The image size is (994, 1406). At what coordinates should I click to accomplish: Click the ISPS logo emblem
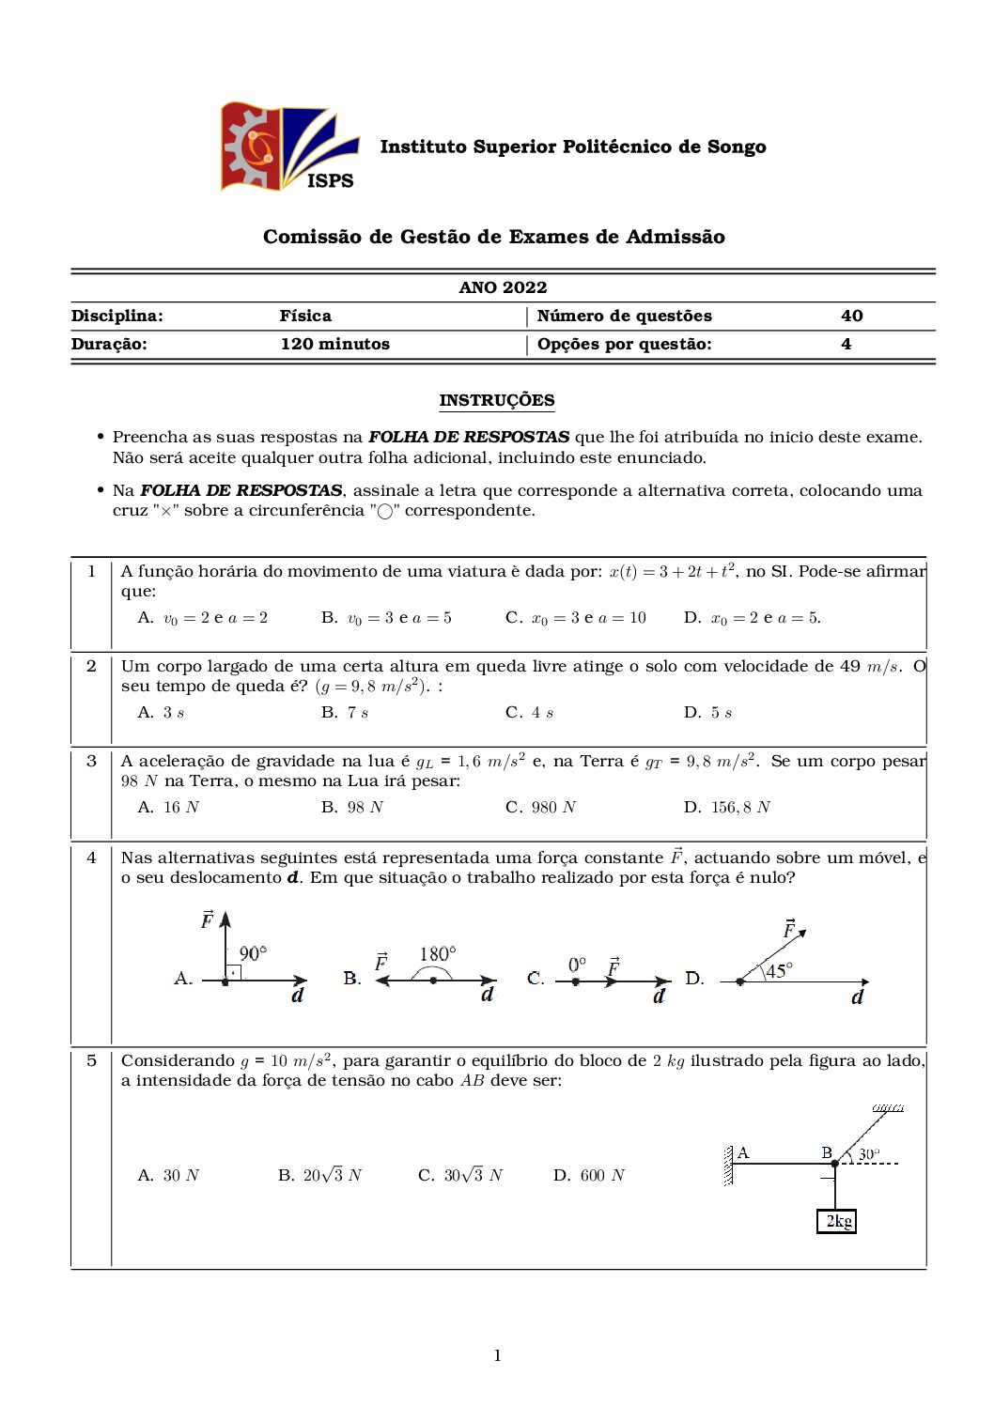288,147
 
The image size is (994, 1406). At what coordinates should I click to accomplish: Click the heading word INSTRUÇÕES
496,400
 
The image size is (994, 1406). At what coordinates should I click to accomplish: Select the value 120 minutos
334,344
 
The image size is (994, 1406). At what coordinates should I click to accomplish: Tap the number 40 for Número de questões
851,316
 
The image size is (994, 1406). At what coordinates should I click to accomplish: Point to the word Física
305,316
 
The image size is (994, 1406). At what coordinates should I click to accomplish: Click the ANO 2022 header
503,287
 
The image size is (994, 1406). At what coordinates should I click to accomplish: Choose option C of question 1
575,618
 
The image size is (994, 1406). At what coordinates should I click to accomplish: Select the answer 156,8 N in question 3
726,808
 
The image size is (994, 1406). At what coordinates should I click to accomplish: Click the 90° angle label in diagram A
253,953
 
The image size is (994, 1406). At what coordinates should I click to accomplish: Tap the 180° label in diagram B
438,954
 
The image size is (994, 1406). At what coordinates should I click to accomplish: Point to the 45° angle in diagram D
779,971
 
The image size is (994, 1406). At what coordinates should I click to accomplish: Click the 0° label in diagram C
577,965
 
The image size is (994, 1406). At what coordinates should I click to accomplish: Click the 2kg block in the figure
837,1221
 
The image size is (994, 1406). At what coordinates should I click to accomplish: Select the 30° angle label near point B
869,1153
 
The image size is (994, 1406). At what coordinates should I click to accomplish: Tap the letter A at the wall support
743,1152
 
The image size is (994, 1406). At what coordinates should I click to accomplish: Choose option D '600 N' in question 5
589,1176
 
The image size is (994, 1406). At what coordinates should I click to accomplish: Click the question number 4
91,858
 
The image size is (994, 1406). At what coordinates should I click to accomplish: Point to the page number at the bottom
497,1355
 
